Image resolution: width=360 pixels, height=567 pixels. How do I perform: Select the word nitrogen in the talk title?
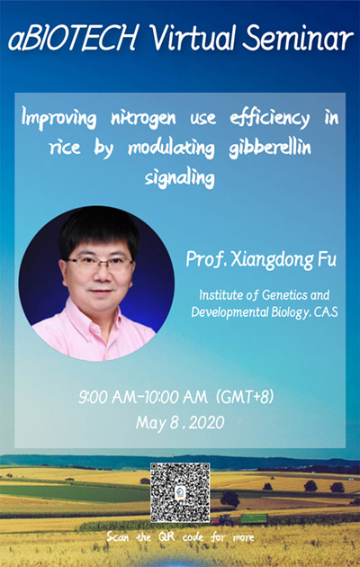[143, 118]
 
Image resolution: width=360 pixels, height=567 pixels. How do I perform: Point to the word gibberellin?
[270, 148]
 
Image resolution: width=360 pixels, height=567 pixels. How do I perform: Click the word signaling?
[180, 178]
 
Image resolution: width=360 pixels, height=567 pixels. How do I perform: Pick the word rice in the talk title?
[65, 148]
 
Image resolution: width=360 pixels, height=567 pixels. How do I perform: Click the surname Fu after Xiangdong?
[326, 259]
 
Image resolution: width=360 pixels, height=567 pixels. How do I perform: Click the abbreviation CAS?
[326, 312]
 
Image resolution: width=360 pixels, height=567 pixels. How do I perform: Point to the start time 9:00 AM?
[108, 398]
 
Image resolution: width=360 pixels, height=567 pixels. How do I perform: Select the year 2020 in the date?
[206, 422]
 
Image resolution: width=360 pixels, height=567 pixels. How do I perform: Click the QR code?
[180, 492]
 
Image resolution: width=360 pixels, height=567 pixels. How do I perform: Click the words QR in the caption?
[167, 537]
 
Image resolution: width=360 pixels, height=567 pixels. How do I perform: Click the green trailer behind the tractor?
[254, 519]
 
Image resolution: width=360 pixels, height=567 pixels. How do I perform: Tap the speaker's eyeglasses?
[100, 264]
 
